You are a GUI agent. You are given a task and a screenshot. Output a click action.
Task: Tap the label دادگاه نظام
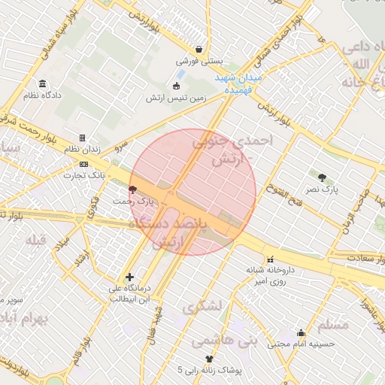(43, 96)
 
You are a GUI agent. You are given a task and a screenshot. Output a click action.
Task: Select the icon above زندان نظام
(83, 138)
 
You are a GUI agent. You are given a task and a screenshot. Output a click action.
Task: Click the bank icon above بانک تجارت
(83, 164)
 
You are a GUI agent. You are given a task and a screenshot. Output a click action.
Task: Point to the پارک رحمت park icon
(133, 189)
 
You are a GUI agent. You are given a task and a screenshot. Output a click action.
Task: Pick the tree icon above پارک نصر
(323, 177)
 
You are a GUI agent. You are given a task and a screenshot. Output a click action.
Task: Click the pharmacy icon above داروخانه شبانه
(270, 259)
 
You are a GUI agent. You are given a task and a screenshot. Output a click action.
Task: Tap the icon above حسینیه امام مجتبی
(301, 332)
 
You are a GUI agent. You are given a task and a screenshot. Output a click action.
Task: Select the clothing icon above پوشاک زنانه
(209, 359)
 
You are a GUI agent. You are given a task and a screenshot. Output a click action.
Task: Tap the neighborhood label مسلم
(334, 325)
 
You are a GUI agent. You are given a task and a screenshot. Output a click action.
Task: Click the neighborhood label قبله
(36, 240)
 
